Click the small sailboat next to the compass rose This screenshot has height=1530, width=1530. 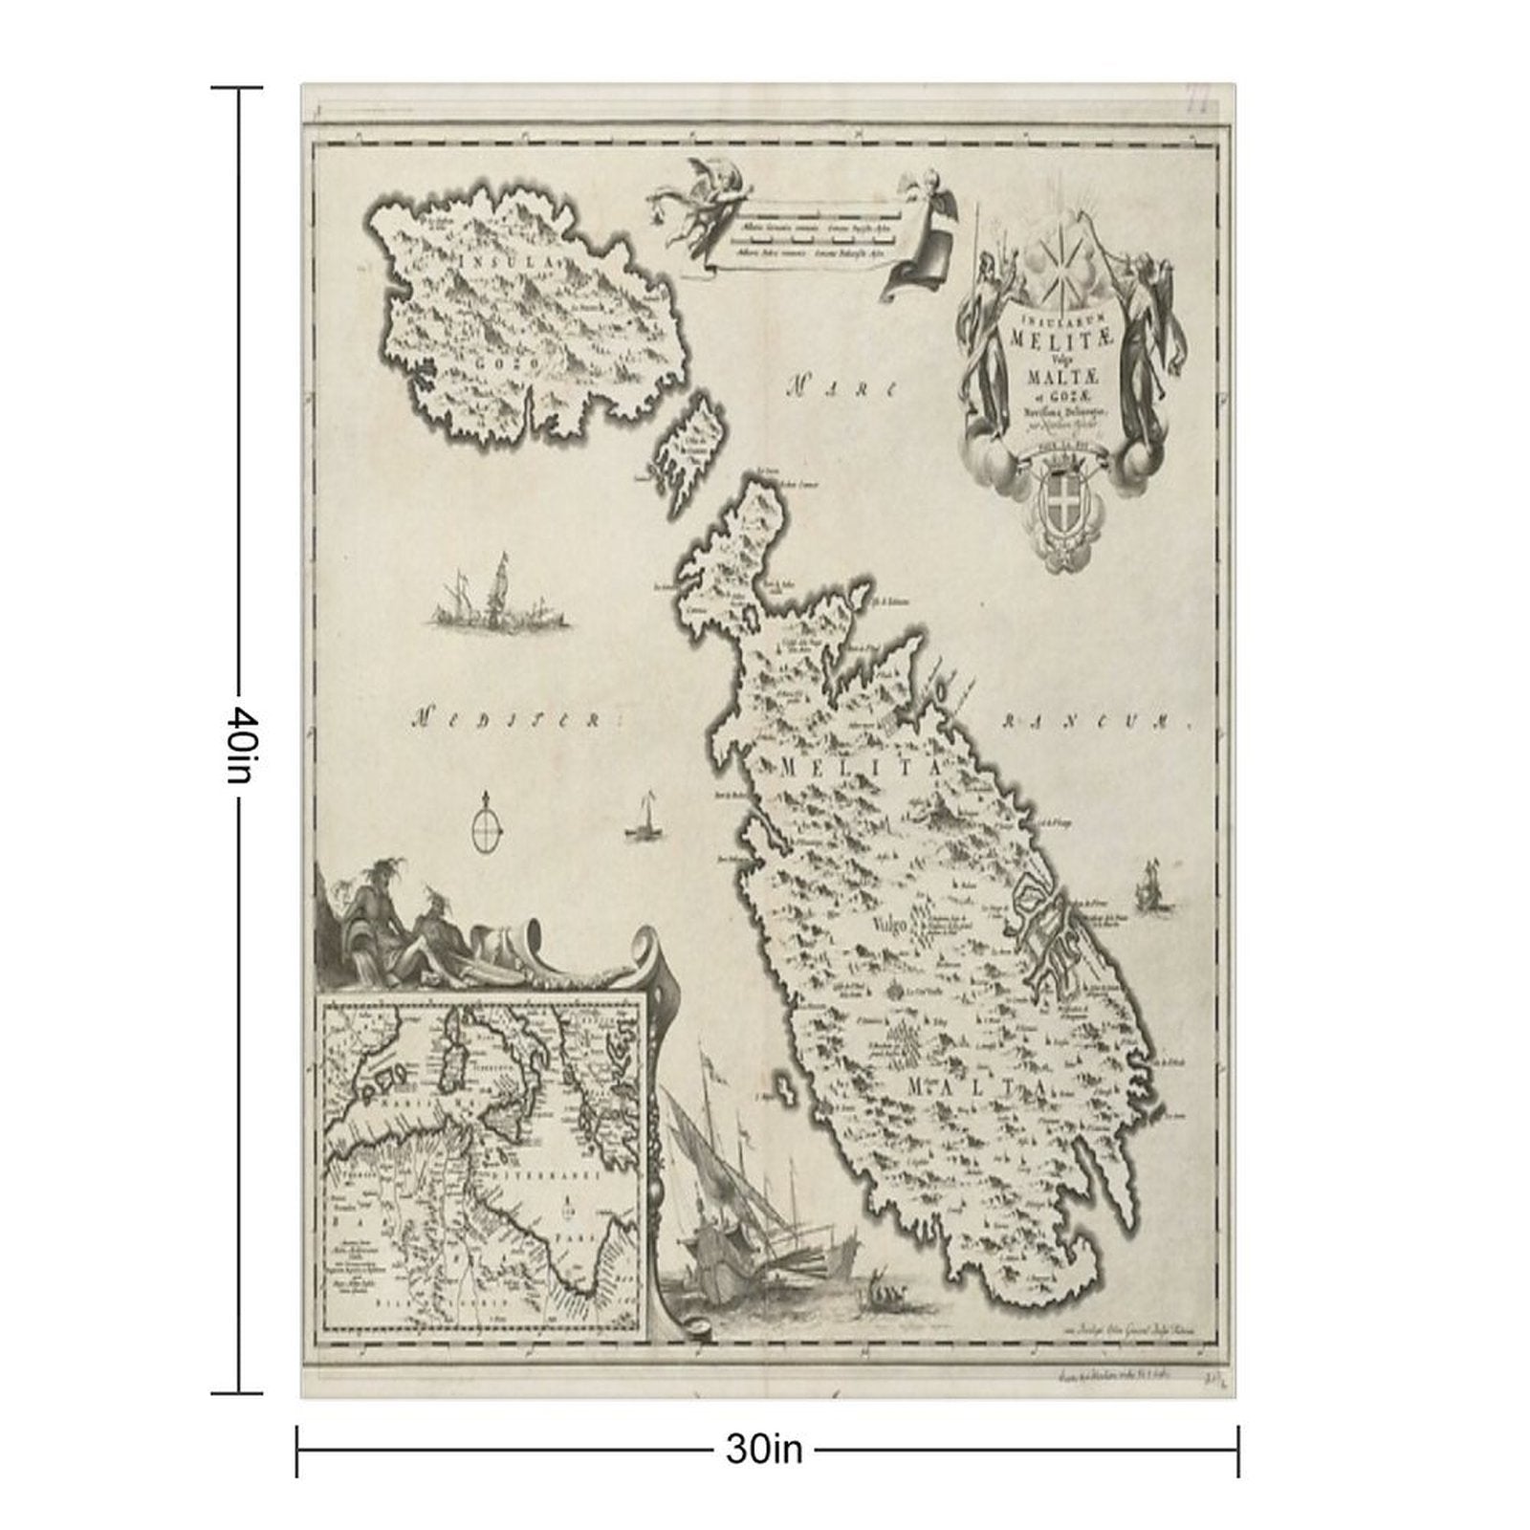(x=644, y=820)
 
